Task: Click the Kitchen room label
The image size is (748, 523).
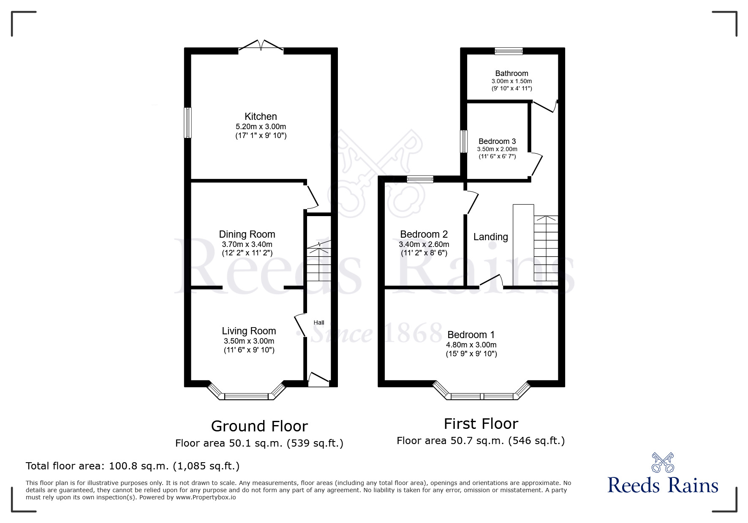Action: pyautogui.click(x=261, y=117)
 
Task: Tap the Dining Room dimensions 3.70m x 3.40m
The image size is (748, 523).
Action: pyautogui.click(x=247, y=244)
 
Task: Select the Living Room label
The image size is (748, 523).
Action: pyautogui.click(x=249, y=331)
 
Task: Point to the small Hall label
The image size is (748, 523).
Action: pyautogui.click(x=319, y=322)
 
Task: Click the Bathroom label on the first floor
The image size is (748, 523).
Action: pyautogui.click(x=511, y=73)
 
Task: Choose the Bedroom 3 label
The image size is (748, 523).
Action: pyautogui.click(x=497, y=141)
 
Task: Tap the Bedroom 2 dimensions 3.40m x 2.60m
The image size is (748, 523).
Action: pyautogui.click(x=424, y=244)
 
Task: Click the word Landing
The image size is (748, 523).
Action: pyautogui.click(x=490, y=237)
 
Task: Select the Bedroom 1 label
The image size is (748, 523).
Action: pyautogui.click(x=471, y=335)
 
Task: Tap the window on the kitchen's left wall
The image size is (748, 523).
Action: pyautogui.click(x=188, y=122)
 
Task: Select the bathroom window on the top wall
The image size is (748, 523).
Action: pyautogui.click(x=509, y=51)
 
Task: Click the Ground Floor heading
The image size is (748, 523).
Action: pyautogui.click(x=259, y=426)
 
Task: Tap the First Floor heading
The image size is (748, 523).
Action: pyautogui.click(x=481, y=423)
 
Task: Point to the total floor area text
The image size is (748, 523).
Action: pyautogui.click(x=133, y=466)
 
